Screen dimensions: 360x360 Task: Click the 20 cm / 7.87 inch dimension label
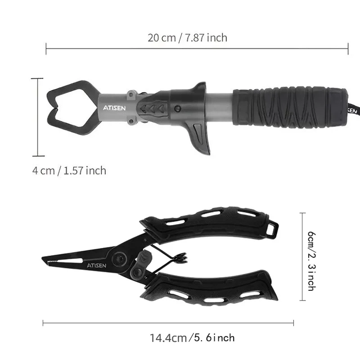(188, 37)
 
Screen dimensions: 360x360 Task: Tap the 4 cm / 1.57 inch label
(69, 171)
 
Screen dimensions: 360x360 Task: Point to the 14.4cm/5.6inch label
(192, 337)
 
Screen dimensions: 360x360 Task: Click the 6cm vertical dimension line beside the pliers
(302, 256)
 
